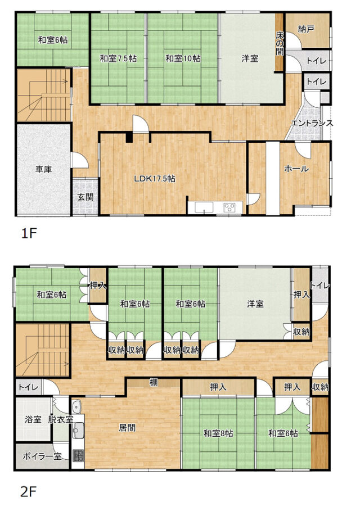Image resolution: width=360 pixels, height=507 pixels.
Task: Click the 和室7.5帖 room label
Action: point(118,58)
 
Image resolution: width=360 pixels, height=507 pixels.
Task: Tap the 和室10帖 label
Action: point(183,58)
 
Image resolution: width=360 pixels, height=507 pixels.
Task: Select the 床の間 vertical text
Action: point(280,43)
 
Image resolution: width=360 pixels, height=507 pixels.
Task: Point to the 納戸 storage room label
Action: point(306,29)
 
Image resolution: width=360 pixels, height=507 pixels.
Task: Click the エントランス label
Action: point(312,123)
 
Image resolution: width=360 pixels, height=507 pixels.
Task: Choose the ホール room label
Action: point(296,169)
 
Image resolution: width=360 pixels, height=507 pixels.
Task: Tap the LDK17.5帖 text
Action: point(155,178)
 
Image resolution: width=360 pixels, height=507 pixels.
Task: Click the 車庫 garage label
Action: point(44,169)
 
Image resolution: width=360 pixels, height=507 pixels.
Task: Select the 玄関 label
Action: point(85,197)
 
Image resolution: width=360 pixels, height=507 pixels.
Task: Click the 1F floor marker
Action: point(29,233)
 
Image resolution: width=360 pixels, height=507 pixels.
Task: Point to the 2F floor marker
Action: point(29,492)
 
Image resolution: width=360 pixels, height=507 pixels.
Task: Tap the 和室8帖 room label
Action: point(218,433)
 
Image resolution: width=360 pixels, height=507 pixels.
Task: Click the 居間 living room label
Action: point(127,428)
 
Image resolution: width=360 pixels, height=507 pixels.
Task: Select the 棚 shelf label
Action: point(154,382)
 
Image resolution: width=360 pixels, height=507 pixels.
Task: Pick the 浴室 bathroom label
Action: point(33,419)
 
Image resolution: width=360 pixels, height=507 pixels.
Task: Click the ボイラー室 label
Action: point(42,456)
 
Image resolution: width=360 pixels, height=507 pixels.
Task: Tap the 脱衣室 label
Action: point(61,419)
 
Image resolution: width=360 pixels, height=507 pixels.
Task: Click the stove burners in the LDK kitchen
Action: point(229,207)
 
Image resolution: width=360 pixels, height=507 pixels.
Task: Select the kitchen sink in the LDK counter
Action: point(204,207)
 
